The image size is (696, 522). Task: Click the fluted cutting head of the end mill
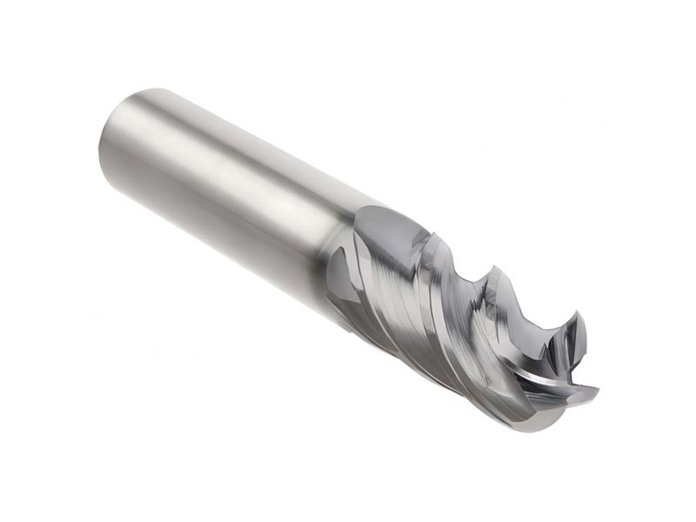point(452,322)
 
